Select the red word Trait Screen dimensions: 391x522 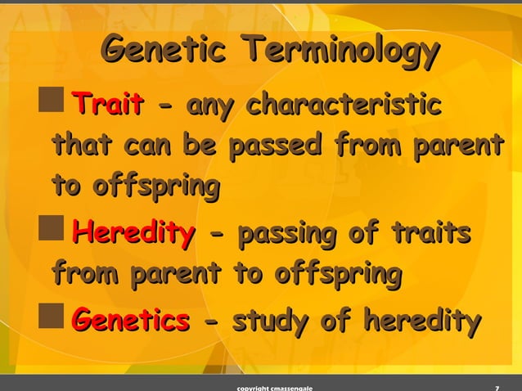coord(107,106)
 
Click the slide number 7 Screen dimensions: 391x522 coord(498,386)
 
